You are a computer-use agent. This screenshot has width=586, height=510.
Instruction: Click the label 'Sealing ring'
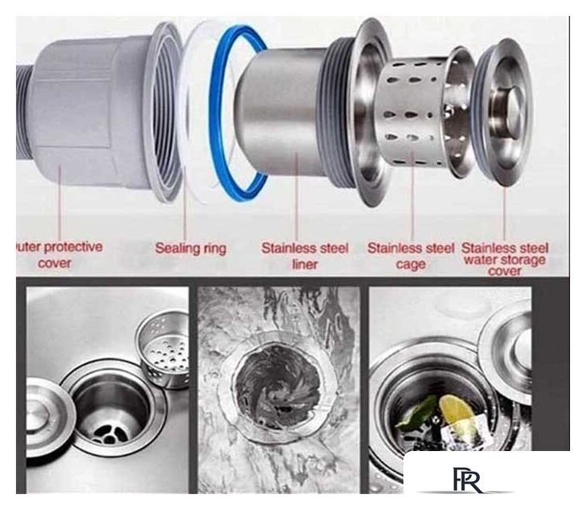191,248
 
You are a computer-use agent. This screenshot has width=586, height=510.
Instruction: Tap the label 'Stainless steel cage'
411,256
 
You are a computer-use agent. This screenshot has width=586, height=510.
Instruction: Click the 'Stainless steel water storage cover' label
504,259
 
